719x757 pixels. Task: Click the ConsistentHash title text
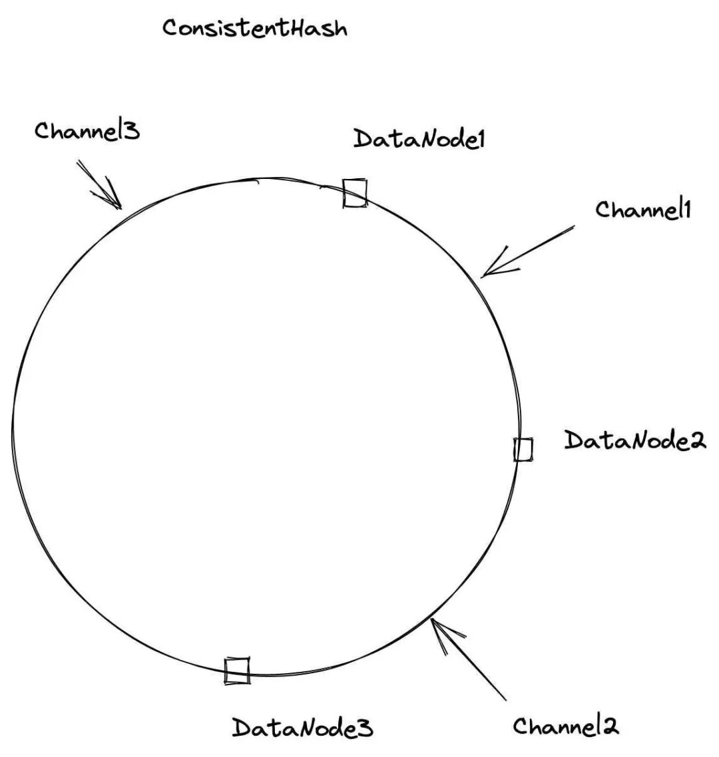[x=255, y=29]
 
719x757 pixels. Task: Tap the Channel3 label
[x=87, y=130]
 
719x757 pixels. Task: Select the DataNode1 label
[x=419, y=139]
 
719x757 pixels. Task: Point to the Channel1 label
[x=644, y=210]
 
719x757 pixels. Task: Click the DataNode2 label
[x=634, y=440]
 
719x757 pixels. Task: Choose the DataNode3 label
[x=302, y=728]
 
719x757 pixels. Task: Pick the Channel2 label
[x=566, y=726]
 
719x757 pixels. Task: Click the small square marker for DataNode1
[x=355, y=193]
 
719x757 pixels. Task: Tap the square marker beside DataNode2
[x=523, y=450]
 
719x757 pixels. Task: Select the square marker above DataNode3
[x=237, y=670]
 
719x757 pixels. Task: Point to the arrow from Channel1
[x=526, y=251]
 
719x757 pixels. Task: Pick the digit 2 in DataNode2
[x=698, y=441]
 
